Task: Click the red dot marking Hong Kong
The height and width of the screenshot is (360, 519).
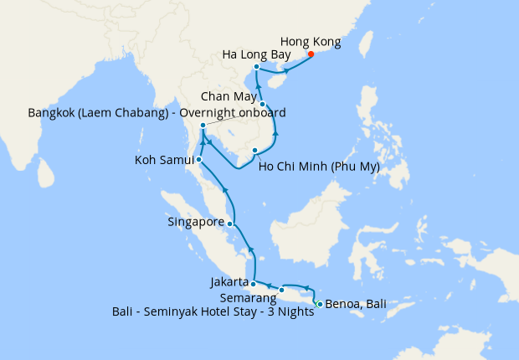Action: [x=311, y=54]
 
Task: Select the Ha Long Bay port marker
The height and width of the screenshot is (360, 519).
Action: [x=256, y=67]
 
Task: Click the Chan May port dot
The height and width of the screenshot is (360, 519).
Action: [x=263, y=105]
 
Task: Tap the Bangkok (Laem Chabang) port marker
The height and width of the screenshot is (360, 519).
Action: [x=203, y=126]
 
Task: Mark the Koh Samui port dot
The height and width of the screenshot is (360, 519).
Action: [x=198, y=159]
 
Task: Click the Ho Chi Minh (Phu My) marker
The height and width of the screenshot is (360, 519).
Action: [x=254, y=151]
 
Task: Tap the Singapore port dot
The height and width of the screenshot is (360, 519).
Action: [x=230, y=224]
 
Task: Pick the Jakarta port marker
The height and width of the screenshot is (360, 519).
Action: [x=253, y=285]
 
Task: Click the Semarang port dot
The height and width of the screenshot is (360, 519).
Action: [x=282, y=291]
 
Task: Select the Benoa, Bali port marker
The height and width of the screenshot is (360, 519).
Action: [x=320, y=303]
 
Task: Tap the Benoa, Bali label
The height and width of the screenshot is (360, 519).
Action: [x=356, y=304]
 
